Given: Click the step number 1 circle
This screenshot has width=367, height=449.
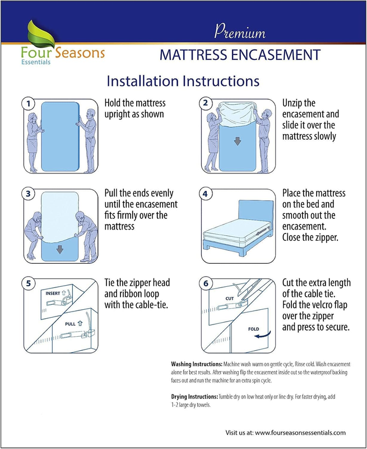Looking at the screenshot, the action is point(29,104).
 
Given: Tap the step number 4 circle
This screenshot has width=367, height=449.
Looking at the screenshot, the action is point(206,194).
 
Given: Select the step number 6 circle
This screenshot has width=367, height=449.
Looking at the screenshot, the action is point(206,284).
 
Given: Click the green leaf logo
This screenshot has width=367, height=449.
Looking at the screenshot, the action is point(41,34).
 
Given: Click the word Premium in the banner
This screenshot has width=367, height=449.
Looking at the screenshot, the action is point(240,31).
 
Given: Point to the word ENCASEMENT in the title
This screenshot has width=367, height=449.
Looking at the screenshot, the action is point(276,55).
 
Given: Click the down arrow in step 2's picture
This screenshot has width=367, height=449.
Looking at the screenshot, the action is point(238,141).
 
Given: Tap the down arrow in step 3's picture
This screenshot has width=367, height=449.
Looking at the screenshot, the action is point(60,249).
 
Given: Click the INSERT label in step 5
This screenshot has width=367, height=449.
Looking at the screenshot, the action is point(53,293).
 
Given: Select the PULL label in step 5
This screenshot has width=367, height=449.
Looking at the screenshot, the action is point(70,324).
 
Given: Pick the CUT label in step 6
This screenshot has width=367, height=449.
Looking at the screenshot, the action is point(230,299).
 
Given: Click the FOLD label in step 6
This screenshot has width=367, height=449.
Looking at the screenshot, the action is point(253,329).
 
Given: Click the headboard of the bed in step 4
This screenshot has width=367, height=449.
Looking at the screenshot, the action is point(256,210).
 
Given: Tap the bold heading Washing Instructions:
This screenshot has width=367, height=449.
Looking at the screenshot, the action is point(197,364).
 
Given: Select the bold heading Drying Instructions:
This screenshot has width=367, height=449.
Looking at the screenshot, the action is point(194,397).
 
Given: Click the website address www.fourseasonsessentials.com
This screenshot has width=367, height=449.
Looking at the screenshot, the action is point(300,432).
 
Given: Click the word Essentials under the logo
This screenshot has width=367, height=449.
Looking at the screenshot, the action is point(36,62).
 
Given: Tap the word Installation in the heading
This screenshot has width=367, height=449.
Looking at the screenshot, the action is point(143,81).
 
